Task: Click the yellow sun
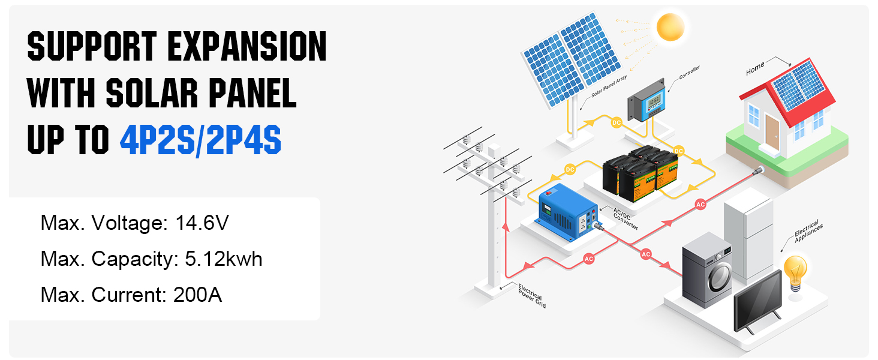point(670,27)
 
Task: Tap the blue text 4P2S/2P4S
point(200,140)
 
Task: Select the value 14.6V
point(202,224)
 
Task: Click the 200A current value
point(197,295)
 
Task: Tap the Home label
point(755,68)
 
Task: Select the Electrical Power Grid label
point(530,296)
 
